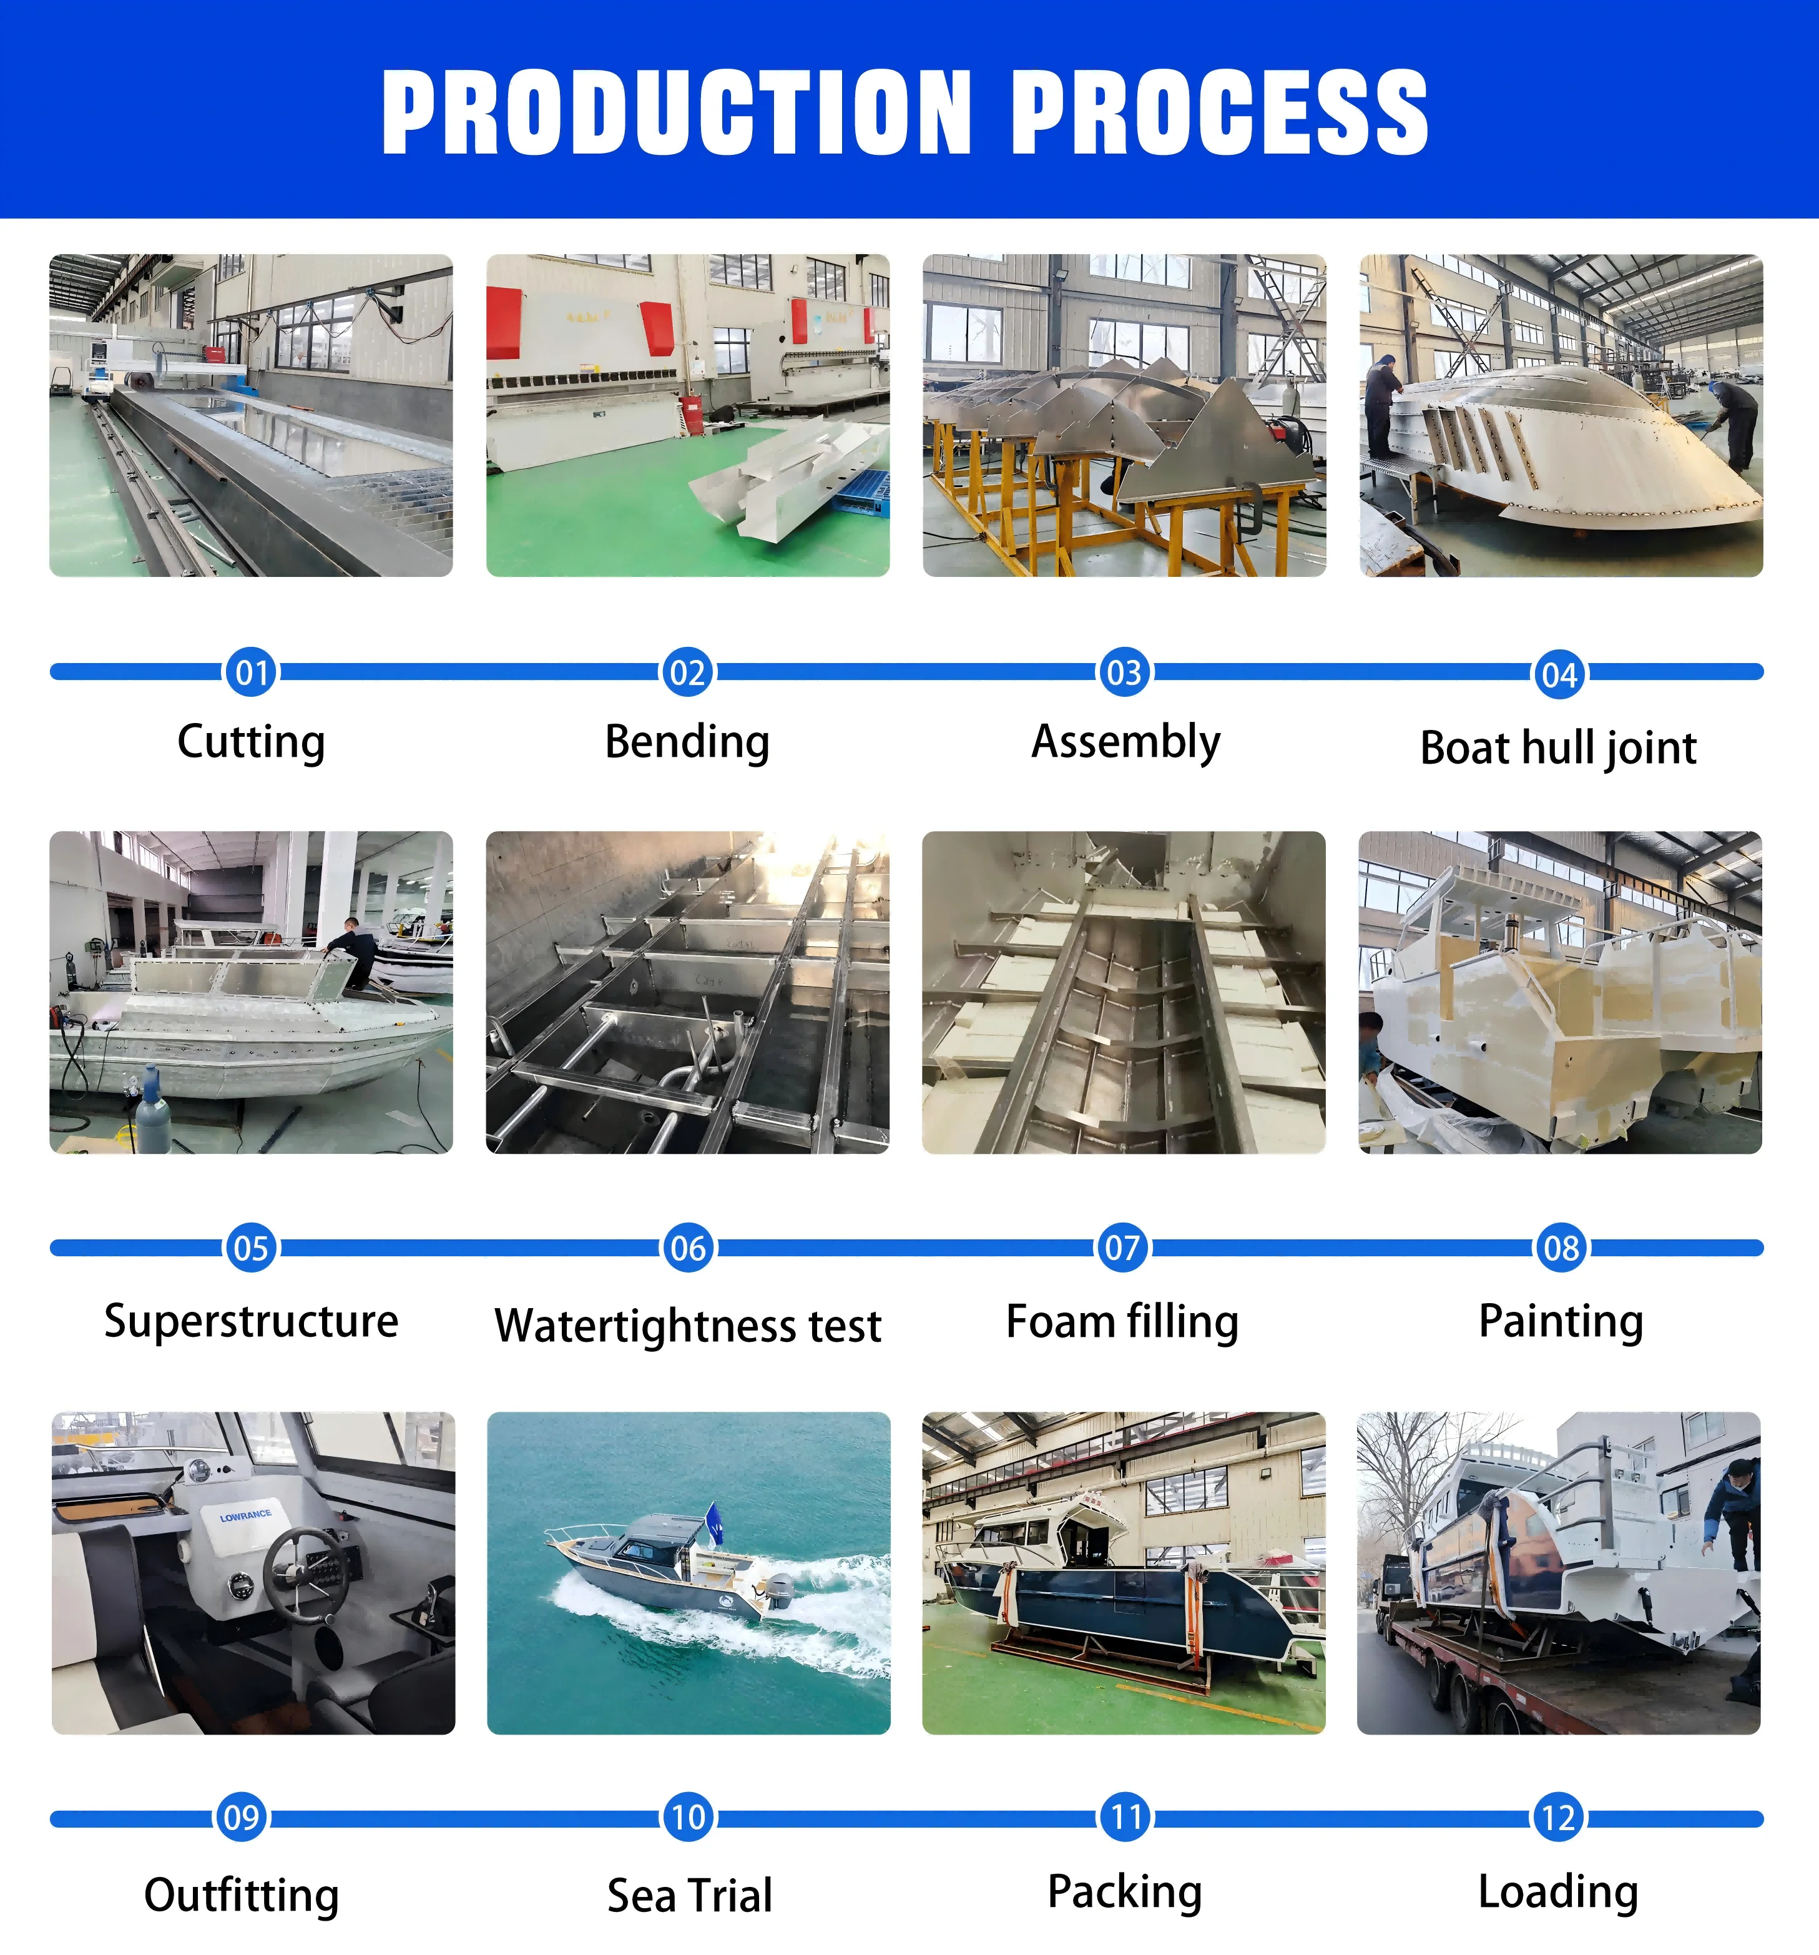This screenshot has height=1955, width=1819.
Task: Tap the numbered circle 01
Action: coord(251,672)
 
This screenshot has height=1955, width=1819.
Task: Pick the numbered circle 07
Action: coord(1123,1248)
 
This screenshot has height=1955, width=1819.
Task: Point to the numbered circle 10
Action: coord(689,1818)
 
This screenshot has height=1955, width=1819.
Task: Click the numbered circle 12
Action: coord(1559,1818)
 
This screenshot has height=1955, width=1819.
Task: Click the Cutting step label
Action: coord(251,742)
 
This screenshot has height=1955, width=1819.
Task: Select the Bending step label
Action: coord(687,742)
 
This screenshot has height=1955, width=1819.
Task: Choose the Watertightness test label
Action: coord(689,1324)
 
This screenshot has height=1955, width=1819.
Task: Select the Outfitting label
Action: coord(242,1895)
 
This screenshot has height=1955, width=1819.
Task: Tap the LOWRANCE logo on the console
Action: coord(246,1515)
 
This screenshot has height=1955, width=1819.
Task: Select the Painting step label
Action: coord(1561,1321)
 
